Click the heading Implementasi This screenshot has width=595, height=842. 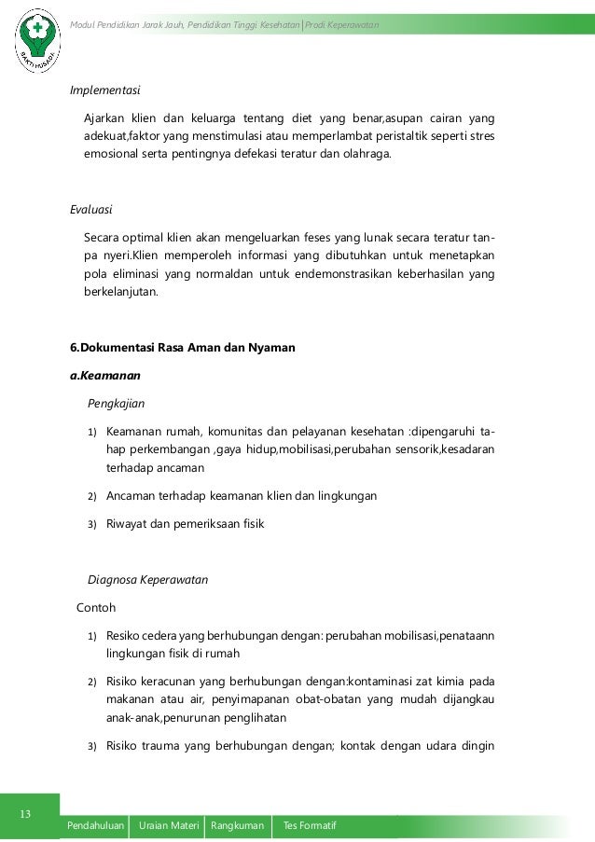105,90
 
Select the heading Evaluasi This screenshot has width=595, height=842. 91,209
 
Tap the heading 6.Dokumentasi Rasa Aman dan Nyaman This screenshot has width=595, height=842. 183,348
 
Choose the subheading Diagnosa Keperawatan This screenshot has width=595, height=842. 147,579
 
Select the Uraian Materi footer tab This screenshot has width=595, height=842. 169,826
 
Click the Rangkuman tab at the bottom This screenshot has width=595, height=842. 237,826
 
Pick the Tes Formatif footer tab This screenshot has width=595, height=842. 309,826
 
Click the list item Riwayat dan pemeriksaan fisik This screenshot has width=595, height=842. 185,523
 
